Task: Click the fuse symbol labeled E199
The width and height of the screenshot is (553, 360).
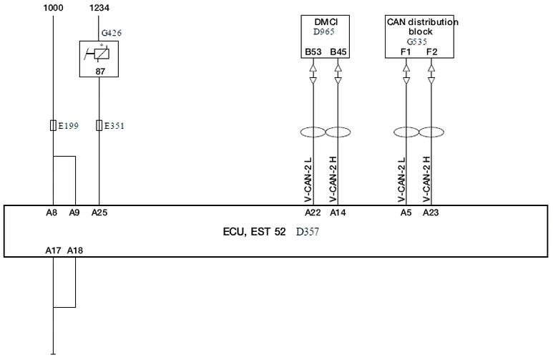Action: click(x=53, y=125)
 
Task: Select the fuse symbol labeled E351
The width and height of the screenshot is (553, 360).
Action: click(x=99, y=125)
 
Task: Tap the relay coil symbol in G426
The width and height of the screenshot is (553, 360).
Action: click(x=101, y=54)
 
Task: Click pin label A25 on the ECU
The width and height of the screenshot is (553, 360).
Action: click(x=99, y=213)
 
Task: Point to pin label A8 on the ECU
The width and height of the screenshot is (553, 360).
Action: click(x=52, y=213)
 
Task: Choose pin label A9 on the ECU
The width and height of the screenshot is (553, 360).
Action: click(x=74, y=213)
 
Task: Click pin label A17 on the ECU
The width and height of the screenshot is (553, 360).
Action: click(x=53, y=250)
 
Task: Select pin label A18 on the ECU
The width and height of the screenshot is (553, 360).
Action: click(x=75, y=250)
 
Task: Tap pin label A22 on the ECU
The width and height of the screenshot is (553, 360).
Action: click(x=313, y=213)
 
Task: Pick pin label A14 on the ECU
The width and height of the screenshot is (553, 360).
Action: click(x=338, y=213)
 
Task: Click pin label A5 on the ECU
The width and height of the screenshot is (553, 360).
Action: click(x=406, y=213)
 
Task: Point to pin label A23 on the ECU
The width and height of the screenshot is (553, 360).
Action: click(x=431, y=213)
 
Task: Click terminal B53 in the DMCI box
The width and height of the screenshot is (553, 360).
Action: click(x=313, y=52)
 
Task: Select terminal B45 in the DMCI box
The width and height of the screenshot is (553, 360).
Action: click(x=338, y=52)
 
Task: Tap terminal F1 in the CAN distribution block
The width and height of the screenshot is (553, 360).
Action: click(x=406, y=52)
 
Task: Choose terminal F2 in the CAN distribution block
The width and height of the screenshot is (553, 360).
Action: click(x=431, y=52)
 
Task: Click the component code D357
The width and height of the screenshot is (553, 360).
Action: click(x=308, y=232)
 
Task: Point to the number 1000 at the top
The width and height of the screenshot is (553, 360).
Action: click(x=53, y=8)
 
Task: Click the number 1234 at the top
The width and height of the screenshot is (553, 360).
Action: click(x=99, y=8)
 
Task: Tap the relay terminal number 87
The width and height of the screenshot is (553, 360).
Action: click(x=101, y=72)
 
